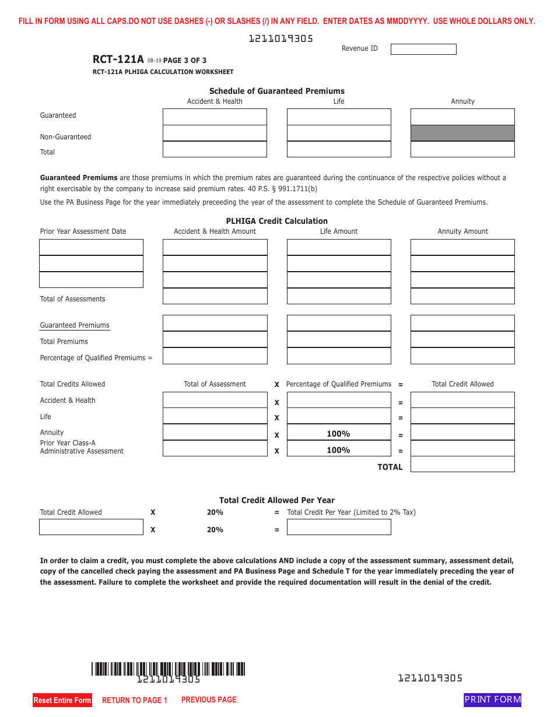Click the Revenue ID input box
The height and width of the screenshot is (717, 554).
(x=423, y=50)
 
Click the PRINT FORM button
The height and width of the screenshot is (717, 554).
(x=492, y=700)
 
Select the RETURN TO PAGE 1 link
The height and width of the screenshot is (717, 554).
(x=135, y=700)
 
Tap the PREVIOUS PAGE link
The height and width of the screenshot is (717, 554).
(x=209, y=700)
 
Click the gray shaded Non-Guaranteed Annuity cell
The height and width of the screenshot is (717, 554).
(x=462, y=133)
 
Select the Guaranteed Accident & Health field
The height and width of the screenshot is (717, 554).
(x=215, y=117)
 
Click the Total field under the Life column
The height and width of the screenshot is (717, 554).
(x=339, y=149)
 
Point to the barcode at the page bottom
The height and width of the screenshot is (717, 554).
(x=168, y=669)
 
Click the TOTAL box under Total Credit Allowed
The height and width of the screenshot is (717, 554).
(x=462, y=464)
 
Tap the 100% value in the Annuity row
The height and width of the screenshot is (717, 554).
(x=338, y=434)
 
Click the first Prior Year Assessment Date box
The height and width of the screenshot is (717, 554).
(x=91, y=247)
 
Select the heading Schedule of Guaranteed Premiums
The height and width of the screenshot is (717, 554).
(x=276, y=91)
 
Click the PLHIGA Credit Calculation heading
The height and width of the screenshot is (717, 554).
(x=276, y=221)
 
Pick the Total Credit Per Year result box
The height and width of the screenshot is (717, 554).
(x=339, y=527)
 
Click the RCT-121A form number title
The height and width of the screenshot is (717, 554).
(x=118, y=59)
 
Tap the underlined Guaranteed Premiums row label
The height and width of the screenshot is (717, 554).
(x=75, y=325)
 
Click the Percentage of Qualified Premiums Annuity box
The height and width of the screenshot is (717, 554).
(x=462, y=356)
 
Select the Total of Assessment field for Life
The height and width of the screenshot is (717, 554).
(x=215, y=416)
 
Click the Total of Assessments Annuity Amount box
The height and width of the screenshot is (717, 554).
(x=462, y=296)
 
